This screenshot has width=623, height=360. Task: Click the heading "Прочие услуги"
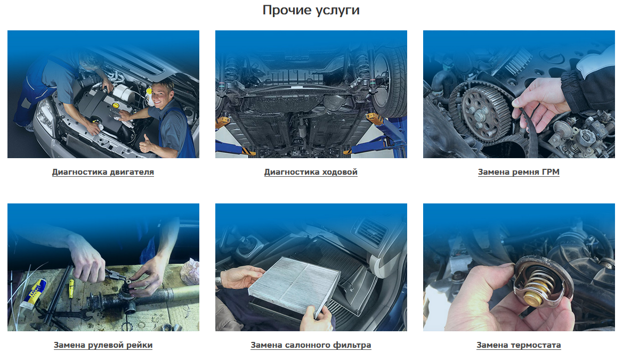tap(311, 10)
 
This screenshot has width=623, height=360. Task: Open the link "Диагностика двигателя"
tap(103, 172)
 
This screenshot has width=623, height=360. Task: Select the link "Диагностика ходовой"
tap(311, 172)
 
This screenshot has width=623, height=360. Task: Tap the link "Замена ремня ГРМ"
tap(519, 172)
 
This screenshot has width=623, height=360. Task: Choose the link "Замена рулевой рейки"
tap(103, 345)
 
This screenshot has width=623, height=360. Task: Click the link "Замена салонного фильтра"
tap(311, 345)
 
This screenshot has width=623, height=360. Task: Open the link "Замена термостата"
tap(519, 345)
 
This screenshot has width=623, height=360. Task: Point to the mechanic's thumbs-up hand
tap(147, 144)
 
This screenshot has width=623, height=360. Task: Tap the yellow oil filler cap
tap(115, 105)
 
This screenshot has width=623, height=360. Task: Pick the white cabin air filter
tap(294, 285)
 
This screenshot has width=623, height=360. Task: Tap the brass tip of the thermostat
tap(532, 298)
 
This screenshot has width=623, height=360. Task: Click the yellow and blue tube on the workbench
tap(33, 294)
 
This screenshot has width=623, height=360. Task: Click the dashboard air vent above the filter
tap(370, 230)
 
